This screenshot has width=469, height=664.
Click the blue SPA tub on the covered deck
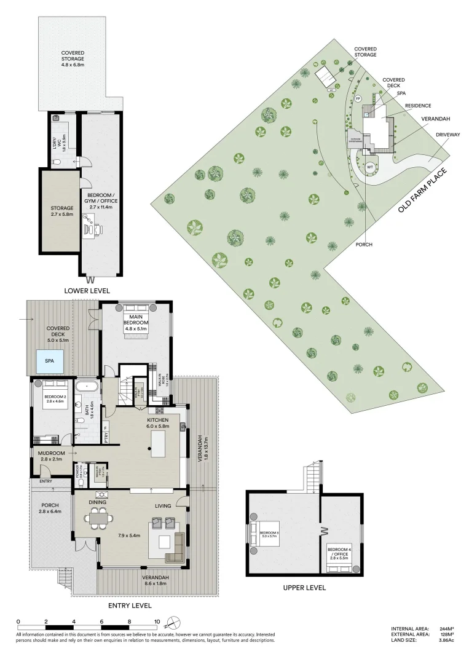(x=50, y=362)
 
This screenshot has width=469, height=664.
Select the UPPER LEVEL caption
(x=304, y=588)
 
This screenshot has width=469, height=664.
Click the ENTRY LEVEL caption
(x=130, y=606)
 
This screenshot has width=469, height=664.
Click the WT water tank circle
(x=370, y=167)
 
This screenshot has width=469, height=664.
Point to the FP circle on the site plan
(x=359, y=99)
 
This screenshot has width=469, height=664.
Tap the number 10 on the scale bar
(x=157, y=622)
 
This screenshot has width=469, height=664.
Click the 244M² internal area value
(x=446, y=629)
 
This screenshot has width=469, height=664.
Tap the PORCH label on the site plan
(x=364, y=244)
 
